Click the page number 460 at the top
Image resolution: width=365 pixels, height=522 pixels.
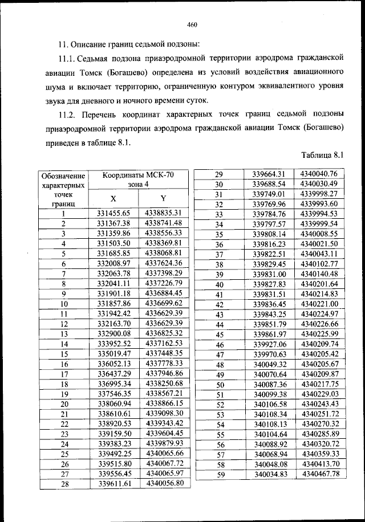192,24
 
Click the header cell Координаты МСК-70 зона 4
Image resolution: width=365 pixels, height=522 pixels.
139,181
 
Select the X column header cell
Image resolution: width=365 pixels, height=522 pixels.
113,198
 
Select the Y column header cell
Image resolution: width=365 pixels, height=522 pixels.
163,198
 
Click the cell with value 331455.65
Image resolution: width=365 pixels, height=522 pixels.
114,213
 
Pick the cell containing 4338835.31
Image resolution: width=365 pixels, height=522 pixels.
164,213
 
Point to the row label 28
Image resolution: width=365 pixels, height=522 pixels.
64,484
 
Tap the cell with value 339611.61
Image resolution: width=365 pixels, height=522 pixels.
114,484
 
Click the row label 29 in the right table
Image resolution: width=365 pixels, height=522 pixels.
217,174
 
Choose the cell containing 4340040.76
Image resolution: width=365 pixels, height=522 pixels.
319,174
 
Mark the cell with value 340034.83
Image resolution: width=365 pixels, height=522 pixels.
269,474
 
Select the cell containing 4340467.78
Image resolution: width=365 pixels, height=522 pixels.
320,474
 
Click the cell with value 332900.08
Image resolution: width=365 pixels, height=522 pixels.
114,333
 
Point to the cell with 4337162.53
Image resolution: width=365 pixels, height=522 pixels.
164,344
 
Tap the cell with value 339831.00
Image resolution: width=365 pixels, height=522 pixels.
269,274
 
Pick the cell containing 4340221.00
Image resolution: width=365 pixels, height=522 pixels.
319,304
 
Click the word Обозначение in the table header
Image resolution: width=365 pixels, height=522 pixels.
64,176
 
